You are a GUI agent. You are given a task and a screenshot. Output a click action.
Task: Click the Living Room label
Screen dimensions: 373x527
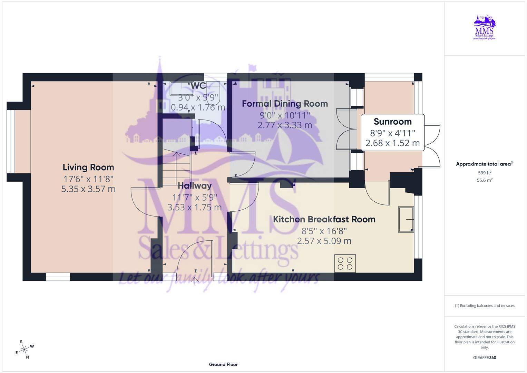click(88, 168)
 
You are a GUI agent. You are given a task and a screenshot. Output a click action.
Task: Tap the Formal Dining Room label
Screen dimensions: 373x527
click(285, 104)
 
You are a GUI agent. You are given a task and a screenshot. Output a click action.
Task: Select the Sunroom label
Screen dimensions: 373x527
click(392, 122)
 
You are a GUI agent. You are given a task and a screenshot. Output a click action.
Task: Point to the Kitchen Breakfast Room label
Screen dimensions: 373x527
click(324, 219)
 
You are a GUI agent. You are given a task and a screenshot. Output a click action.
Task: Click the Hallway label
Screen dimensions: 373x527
click(195, 186)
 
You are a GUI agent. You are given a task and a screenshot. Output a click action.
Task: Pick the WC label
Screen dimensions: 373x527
click(198, 86)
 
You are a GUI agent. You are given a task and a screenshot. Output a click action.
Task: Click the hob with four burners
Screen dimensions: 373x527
click(345, 263)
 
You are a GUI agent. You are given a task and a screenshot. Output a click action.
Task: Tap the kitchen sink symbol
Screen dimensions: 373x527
click(406, 220)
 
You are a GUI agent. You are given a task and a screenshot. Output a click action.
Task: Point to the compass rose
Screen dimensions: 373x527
click(24, 350)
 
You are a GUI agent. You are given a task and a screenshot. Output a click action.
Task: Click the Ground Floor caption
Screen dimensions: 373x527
click(223, 364)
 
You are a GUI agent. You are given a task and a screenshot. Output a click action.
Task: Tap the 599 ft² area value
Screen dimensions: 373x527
click(485, 173)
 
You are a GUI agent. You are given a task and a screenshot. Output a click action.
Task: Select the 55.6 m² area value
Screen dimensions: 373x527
click(485, 180)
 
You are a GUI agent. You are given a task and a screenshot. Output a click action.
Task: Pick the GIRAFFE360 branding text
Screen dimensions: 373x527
click(485, 357)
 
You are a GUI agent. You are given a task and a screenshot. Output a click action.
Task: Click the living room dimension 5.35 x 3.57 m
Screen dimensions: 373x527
click(88, 189)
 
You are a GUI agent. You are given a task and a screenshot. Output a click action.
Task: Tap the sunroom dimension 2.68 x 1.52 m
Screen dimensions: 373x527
click(392, 143)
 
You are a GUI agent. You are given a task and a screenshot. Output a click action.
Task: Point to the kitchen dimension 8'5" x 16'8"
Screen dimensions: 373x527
click(324, 231)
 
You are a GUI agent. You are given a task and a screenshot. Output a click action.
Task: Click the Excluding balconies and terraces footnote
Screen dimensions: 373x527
click(485, 306)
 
